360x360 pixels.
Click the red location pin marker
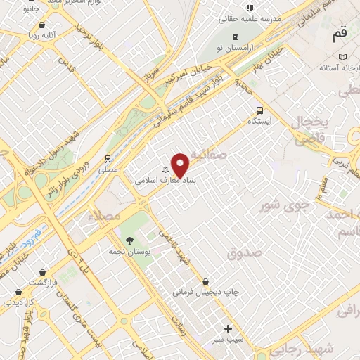181,165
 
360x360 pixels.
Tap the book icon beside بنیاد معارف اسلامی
166,169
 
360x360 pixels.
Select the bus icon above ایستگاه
260,110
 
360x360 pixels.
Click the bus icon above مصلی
108,159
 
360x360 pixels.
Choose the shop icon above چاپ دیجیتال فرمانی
205,281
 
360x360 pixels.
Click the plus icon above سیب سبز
228,328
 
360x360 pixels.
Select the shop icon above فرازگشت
43,271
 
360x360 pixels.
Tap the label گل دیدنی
19,302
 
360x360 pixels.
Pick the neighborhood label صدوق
244,252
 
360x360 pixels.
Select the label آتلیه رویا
43,33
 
